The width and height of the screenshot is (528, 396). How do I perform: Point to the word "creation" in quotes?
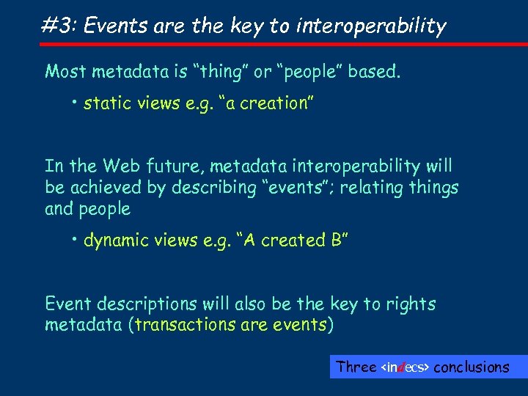276,103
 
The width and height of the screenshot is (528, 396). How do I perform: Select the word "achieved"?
108,188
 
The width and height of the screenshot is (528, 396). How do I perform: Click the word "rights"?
411,304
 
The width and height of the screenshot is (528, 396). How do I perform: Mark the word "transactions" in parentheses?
184,325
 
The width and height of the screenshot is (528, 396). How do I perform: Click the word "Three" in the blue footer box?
356,367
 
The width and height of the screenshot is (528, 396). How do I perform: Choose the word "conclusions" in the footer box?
472,367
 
